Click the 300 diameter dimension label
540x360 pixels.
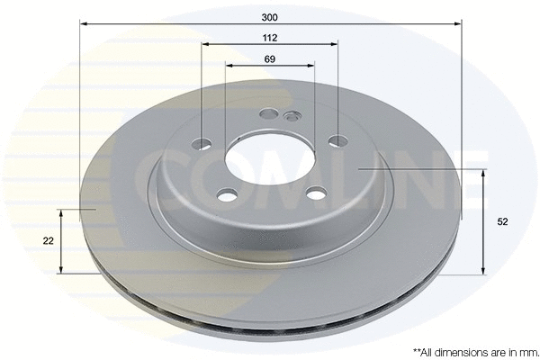pos(270,16)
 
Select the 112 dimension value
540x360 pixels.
pos(270,38)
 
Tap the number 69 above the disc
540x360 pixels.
pos(270,59)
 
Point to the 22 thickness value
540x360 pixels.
pos(48,240)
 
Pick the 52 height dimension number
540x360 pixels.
pos(502,221)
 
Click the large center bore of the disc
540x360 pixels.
pos(268,162)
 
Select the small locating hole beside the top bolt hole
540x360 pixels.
pos(291,116)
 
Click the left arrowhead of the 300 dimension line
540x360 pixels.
pos(83,24)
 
